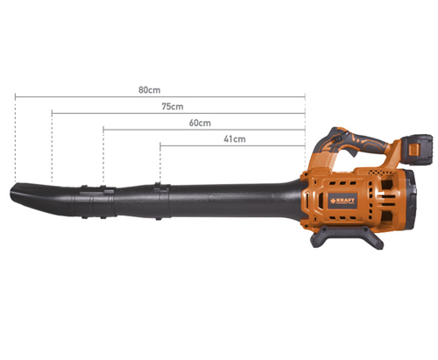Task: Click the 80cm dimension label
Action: (149, 90)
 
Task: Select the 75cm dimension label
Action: (173, 107)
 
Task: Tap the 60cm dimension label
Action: (200, 123)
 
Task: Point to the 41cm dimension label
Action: (235, 139)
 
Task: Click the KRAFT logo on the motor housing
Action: (343, 201)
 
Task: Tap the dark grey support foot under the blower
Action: (347, 237)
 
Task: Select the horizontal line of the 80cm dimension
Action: (160, 96)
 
